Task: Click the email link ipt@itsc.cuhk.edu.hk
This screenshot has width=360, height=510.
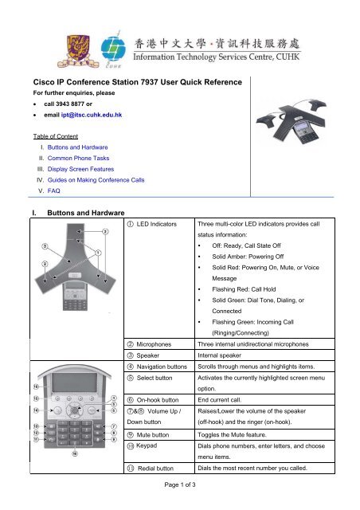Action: click(x=92, y=115)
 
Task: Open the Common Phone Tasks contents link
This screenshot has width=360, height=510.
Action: click(x=78, y=158)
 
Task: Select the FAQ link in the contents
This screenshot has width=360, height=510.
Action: click(x=53, y=191)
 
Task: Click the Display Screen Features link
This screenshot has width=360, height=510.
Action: click(x=80, y=169)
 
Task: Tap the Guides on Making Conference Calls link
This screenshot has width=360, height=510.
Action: click(x=96, y=180)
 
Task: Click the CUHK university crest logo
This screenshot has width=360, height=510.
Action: click(x=78, y=51)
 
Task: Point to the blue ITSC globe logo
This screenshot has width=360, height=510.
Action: click(x=113, y=49)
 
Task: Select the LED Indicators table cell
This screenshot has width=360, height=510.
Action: click(x=159, y=278)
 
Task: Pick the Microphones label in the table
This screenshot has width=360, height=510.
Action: click(x=154, y=344)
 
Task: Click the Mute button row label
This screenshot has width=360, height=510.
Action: click(x=152, y=435)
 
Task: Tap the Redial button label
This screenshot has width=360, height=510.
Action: click(x=155, y=469)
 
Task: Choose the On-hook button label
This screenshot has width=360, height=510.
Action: click(x=158, y=400)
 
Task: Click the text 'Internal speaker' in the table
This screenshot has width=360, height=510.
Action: click(x=220, y=355)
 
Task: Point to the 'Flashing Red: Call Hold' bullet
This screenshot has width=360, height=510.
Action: click(x=244, y=289)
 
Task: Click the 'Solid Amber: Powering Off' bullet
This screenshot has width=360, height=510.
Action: click(x=248, y=257)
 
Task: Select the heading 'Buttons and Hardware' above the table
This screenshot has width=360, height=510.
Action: click(x=86, y=213)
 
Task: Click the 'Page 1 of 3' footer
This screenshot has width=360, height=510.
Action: click(x=180, y=484)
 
